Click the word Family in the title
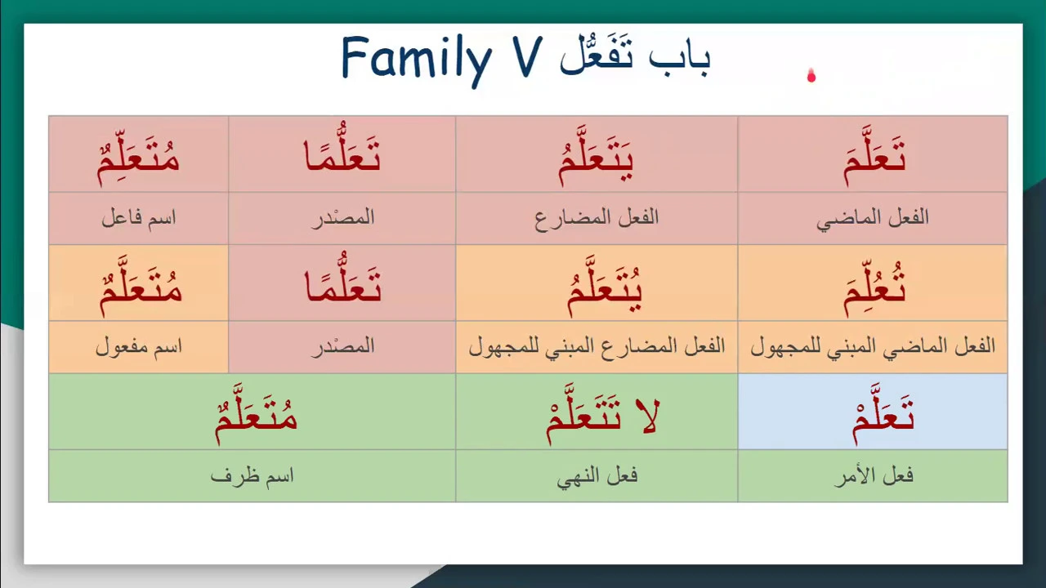pyautogui.click(x=417, y=60)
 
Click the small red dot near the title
pyautogui.click(x=811, y=76)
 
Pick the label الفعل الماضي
pyautogui.click(x=872, y=218)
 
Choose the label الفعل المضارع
pyautogui.click(x=597, y=218)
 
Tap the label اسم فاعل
pyautogui.click(x=139, y=218)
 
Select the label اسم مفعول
pyautogui.click(x=139, y=347)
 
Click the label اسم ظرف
pyautogui.click(x=253, y=476)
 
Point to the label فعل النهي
pyautogui.click(x=597, y=477)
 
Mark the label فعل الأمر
pyautogui.click(x=874, y=476)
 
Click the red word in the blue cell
pyautogui.click(x=883, y=414)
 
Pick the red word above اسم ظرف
pyautogui.click(x=256, y=414)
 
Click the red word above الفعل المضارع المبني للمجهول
pyautogui.click(x=605, y=287)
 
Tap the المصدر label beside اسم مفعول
pyautogui.click(x=343, y=347)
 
